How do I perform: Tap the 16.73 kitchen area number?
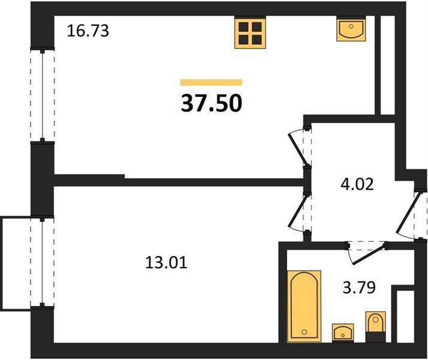click(x=88, y=31)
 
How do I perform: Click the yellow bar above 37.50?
click(x=211, y=82)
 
